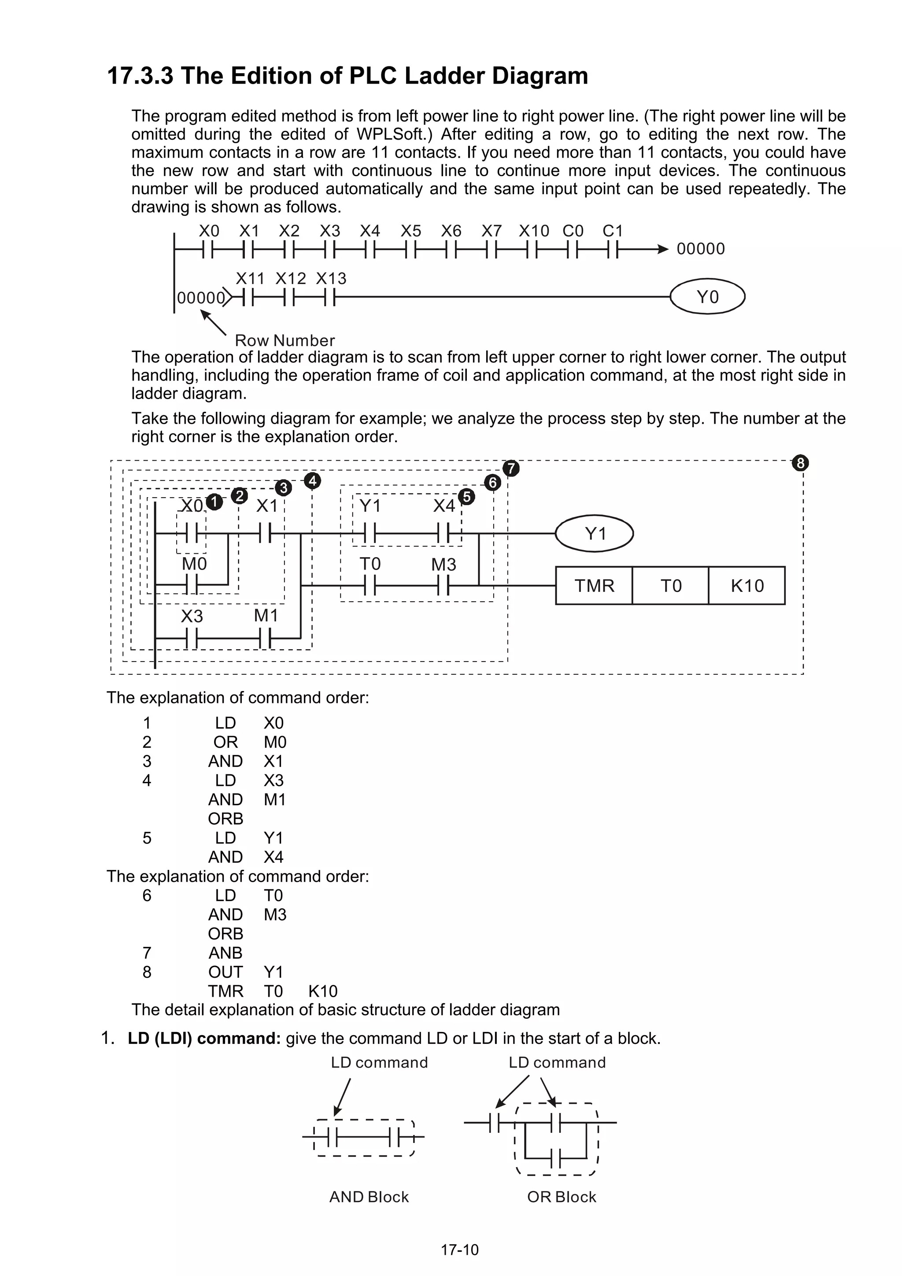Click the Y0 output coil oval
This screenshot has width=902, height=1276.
pyautogui.click(x=707, y=297)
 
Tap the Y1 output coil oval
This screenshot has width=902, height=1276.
pyautogui.click(x=595, y=533)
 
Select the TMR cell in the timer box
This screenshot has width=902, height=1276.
pyautogui.click(x=594, y=586)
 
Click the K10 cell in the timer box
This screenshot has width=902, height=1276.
pyautogui.click(x=747, y=586)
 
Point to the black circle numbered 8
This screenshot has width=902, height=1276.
pyautogui.click(x=800, y=463)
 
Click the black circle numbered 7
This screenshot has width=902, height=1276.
pyautogui.click(x=511, y=469)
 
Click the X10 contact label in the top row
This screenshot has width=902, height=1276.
pyautogui.click(x=533, y=231)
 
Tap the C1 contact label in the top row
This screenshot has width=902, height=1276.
pyautogui.click(x=613, y=231)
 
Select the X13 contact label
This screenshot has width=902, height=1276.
pyautogui.click(x=331, y=278)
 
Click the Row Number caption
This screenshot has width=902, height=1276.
pyautogui.click(x=285, y=340)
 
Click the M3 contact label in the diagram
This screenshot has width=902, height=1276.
pyautogui.click(x=444, y=565)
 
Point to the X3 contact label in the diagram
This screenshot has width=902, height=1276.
pyautogui.click(x=192, y=616)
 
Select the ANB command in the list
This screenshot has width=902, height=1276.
pyautogui.click(x=225, y=953)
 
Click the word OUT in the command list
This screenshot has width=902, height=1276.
pyautogui.click(x=225, y=972)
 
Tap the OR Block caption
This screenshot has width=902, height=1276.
pyautogui.click(x=561, y=1197)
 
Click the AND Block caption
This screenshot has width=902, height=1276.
pyautogui.click(x=369, y=1197)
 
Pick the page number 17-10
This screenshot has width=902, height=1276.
pyautogui.click(x=459, y=1250)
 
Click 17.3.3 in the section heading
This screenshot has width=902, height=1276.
pyautogui.click(x=140, y=76)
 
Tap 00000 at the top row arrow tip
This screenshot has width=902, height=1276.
pyautogui.click(x=700, y=249)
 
